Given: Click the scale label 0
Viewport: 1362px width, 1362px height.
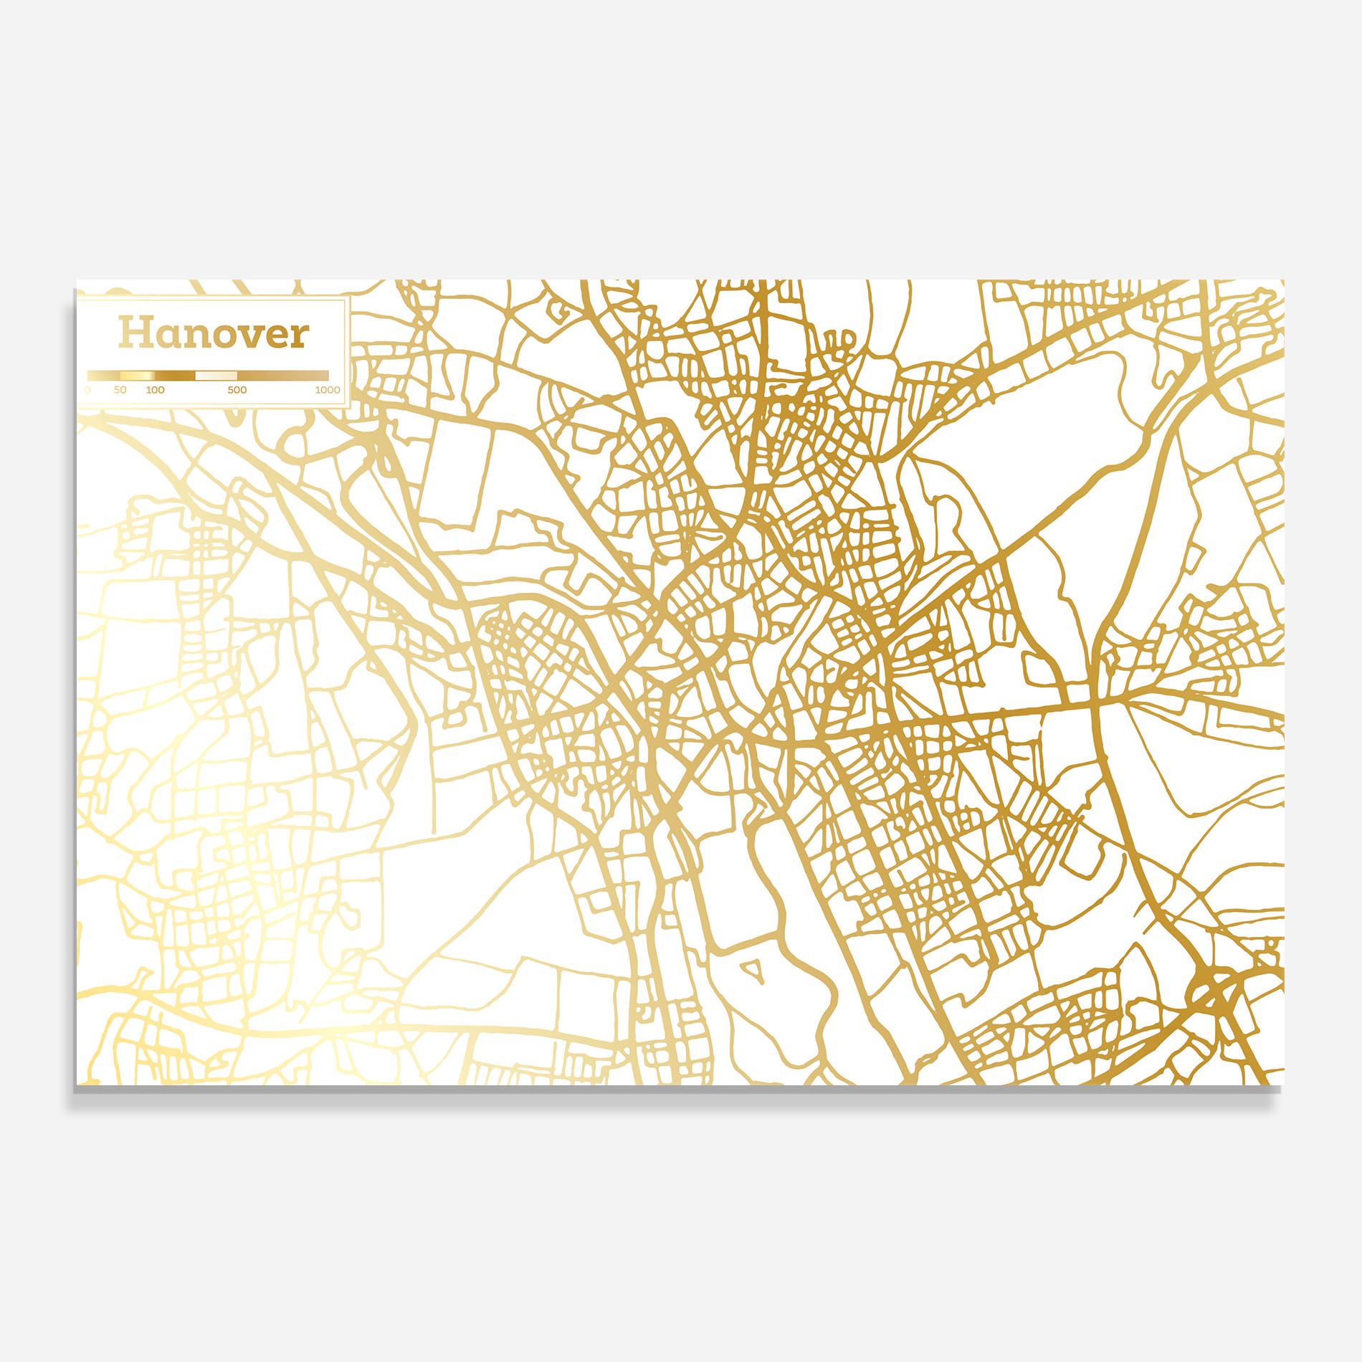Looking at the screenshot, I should (87, 391).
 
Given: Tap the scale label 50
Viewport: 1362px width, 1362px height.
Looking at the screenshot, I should (120, 391).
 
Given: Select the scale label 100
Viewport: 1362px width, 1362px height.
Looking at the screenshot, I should (155, 391).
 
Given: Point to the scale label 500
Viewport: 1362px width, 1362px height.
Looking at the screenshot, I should (237, 391).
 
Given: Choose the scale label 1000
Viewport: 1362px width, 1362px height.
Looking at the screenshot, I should (327, 391).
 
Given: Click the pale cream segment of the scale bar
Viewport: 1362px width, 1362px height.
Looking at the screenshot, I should (216, 375).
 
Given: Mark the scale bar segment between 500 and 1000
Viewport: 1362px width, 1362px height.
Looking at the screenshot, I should (282, 375).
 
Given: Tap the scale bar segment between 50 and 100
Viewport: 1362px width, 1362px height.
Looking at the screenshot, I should (136, 375).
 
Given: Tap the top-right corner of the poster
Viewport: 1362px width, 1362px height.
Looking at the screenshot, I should (1284, 280).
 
